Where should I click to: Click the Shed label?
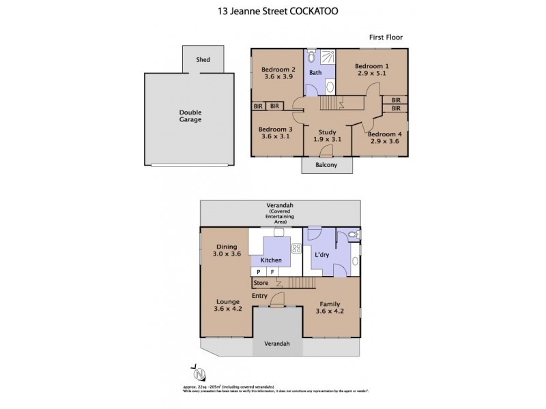pos(203,60)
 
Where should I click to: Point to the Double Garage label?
pos(190,116)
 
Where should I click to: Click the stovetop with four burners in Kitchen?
pos(297,249)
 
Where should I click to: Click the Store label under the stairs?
pos(261,283)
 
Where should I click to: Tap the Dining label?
pos(227,247)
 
